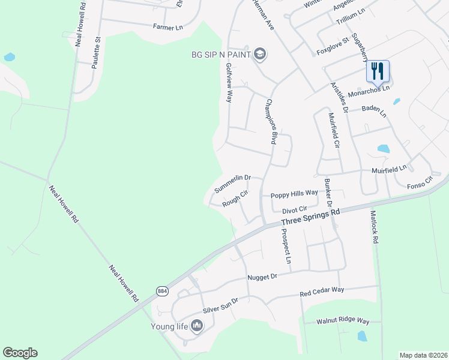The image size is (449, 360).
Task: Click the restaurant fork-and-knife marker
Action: pos(378,71)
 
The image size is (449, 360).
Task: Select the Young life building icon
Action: pos(197,326)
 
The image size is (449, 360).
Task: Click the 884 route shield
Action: pos(162,290)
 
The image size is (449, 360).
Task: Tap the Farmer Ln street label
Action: pos(167,27)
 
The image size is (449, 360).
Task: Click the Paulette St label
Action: pos(95,52)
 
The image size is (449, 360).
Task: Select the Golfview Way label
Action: pos(228,86)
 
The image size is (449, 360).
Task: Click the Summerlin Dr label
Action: pos(232,183)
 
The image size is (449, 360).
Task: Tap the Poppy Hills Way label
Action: pos(294,194)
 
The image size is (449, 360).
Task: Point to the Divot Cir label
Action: pos(295,211)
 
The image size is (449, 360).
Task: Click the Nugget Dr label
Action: pos(262,277)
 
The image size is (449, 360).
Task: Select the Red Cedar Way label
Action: pos(322,292)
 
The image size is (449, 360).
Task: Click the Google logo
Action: pos(20,353)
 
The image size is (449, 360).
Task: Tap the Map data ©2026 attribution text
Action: pos(423,355)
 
